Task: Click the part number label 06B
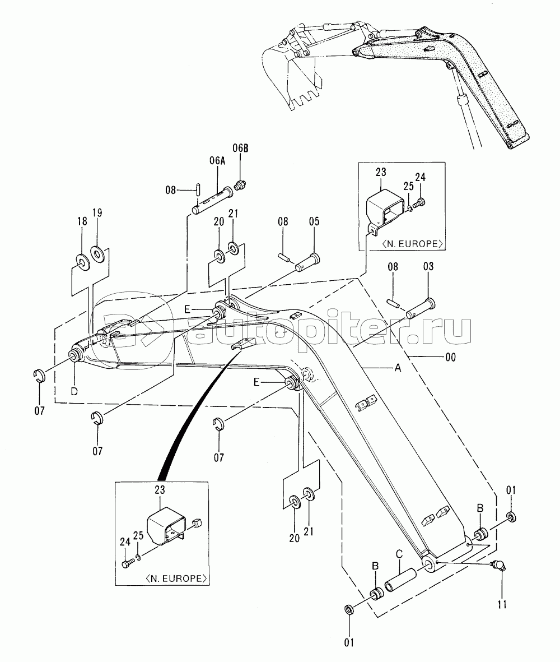point(240,148)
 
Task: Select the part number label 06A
point(217,161)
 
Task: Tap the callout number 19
point(97,212)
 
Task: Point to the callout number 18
point(82,221)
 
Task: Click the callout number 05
point(314,221)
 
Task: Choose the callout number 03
point(428,266)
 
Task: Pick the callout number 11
point(502,605)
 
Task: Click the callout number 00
point(450,358)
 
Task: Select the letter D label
point(74,391)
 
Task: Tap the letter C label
point(399,554)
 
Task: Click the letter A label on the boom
point(397,368)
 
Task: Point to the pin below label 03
point(421,308)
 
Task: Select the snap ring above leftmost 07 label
point(39,375)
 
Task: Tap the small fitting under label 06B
point(240,184)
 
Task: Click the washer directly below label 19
point(98,254)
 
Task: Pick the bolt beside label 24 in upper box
point(419,203)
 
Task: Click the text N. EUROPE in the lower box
point(176,578)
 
